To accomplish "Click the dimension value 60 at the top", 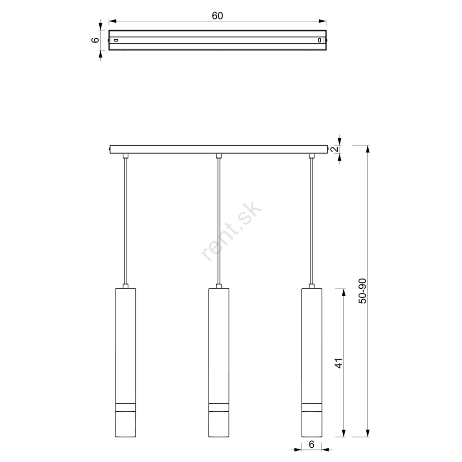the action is point(218,16).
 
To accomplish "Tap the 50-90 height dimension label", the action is point(362,291).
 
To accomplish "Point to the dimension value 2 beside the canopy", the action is point(334,149).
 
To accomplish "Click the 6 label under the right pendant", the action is point(312,444).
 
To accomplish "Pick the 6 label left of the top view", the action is point(96,40).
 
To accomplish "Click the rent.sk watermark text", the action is point(231,231).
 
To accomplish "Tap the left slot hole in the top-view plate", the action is point(116,40).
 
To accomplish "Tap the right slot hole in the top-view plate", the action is point(319,40).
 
